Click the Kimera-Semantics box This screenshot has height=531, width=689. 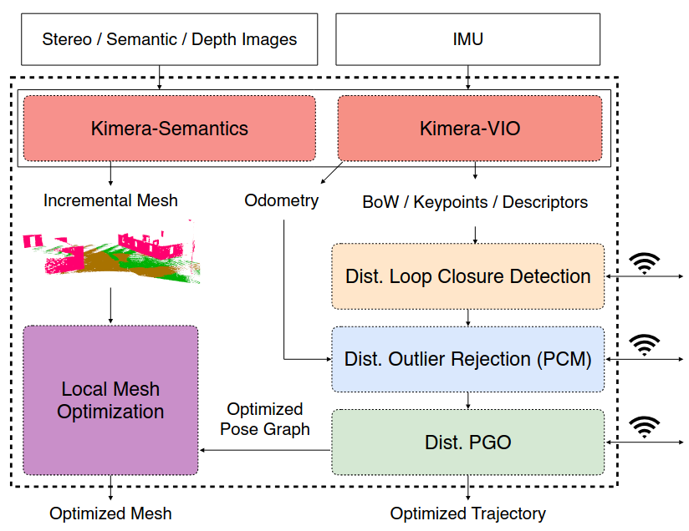tap(169, 128)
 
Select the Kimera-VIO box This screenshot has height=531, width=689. tap(469, 128)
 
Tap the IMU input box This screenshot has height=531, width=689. tap(467, 38)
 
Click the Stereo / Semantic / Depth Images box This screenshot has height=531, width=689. tap(169, 38)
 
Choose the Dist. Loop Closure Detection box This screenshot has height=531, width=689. tap(467, 276)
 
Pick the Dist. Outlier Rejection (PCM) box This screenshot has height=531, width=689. tap(467, 359)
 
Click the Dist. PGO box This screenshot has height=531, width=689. tap(467, 442)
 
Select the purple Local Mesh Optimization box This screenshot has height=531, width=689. tap(110, 400)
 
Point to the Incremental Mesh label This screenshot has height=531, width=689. tap(110, 200)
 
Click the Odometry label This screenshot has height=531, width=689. tap(281, 200)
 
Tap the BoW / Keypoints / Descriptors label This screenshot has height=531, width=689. tap(474, 202)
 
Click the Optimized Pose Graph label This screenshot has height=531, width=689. tap(264, 419)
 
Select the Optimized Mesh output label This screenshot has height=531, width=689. tap(110, 513)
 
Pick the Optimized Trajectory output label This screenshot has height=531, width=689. tap(467, 513)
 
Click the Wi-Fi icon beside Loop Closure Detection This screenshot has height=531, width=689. tap(643, 263)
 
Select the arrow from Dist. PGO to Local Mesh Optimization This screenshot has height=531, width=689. tap(264, 450)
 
